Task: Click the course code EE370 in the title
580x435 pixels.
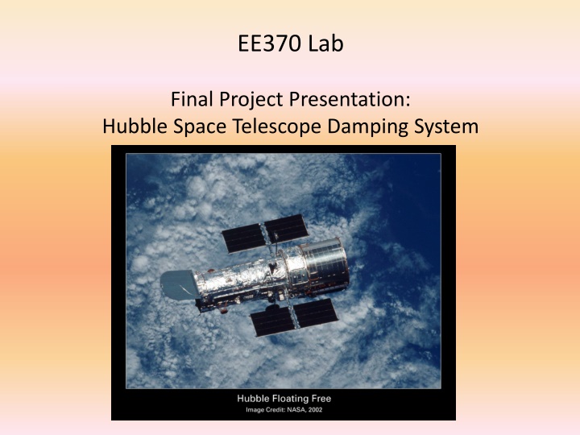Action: (269, 43)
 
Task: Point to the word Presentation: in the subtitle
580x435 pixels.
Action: (350, 99)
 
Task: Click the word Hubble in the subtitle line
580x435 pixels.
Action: (135, 126)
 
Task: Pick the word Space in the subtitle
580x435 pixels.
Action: (200, 127)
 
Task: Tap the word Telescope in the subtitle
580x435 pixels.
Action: (277, 127)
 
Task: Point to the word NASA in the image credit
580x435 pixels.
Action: (296, 410)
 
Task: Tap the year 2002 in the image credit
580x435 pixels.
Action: (315, 410)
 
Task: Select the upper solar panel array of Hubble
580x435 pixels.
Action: (265, 233)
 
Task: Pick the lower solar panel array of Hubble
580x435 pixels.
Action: (295, 317)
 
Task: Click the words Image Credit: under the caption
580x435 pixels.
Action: (266, 410)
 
